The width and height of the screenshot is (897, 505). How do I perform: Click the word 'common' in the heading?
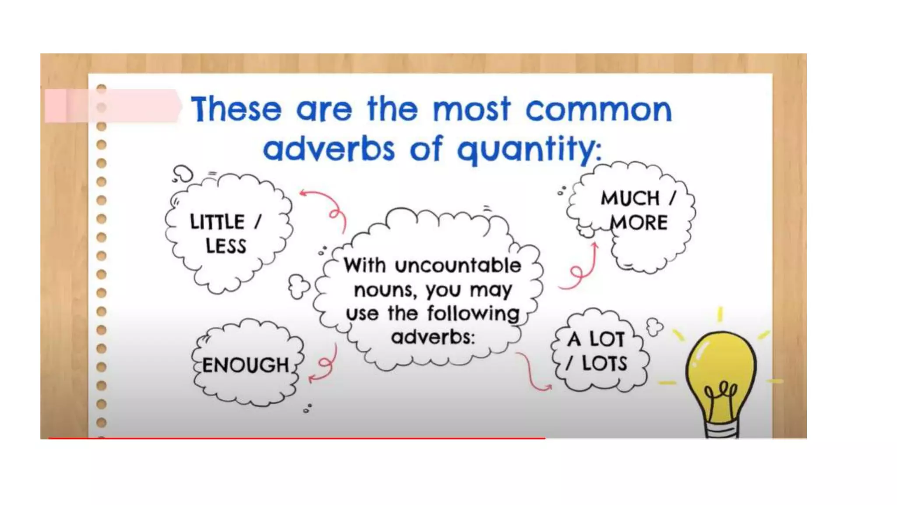coord(598,110)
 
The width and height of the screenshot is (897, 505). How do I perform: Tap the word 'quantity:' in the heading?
coord(529,149)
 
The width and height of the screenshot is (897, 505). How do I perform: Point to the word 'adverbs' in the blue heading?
coord(329,149)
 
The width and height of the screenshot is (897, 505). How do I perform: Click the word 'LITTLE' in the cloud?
coord(217,222)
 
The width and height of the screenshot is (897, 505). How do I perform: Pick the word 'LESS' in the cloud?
coord(226,246)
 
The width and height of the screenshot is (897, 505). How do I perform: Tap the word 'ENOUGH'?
coord(245,365)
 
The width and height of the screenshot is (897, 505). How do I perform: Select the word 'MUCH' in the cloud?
coord(630,198)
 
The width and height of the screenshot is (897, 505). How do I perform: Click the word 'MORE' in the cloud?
coord(639,223)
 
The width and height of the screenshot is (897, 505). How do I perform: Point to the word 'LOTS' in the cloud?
coord(604,363)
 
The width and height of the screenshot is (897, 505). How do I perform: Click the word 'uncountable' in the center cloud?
coord(458,266)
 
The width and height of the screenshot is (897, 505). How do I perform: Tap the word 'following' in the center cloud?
coord(473,313)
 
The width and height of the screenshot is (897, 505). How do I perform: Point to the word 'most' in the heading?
coord(472,109)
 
